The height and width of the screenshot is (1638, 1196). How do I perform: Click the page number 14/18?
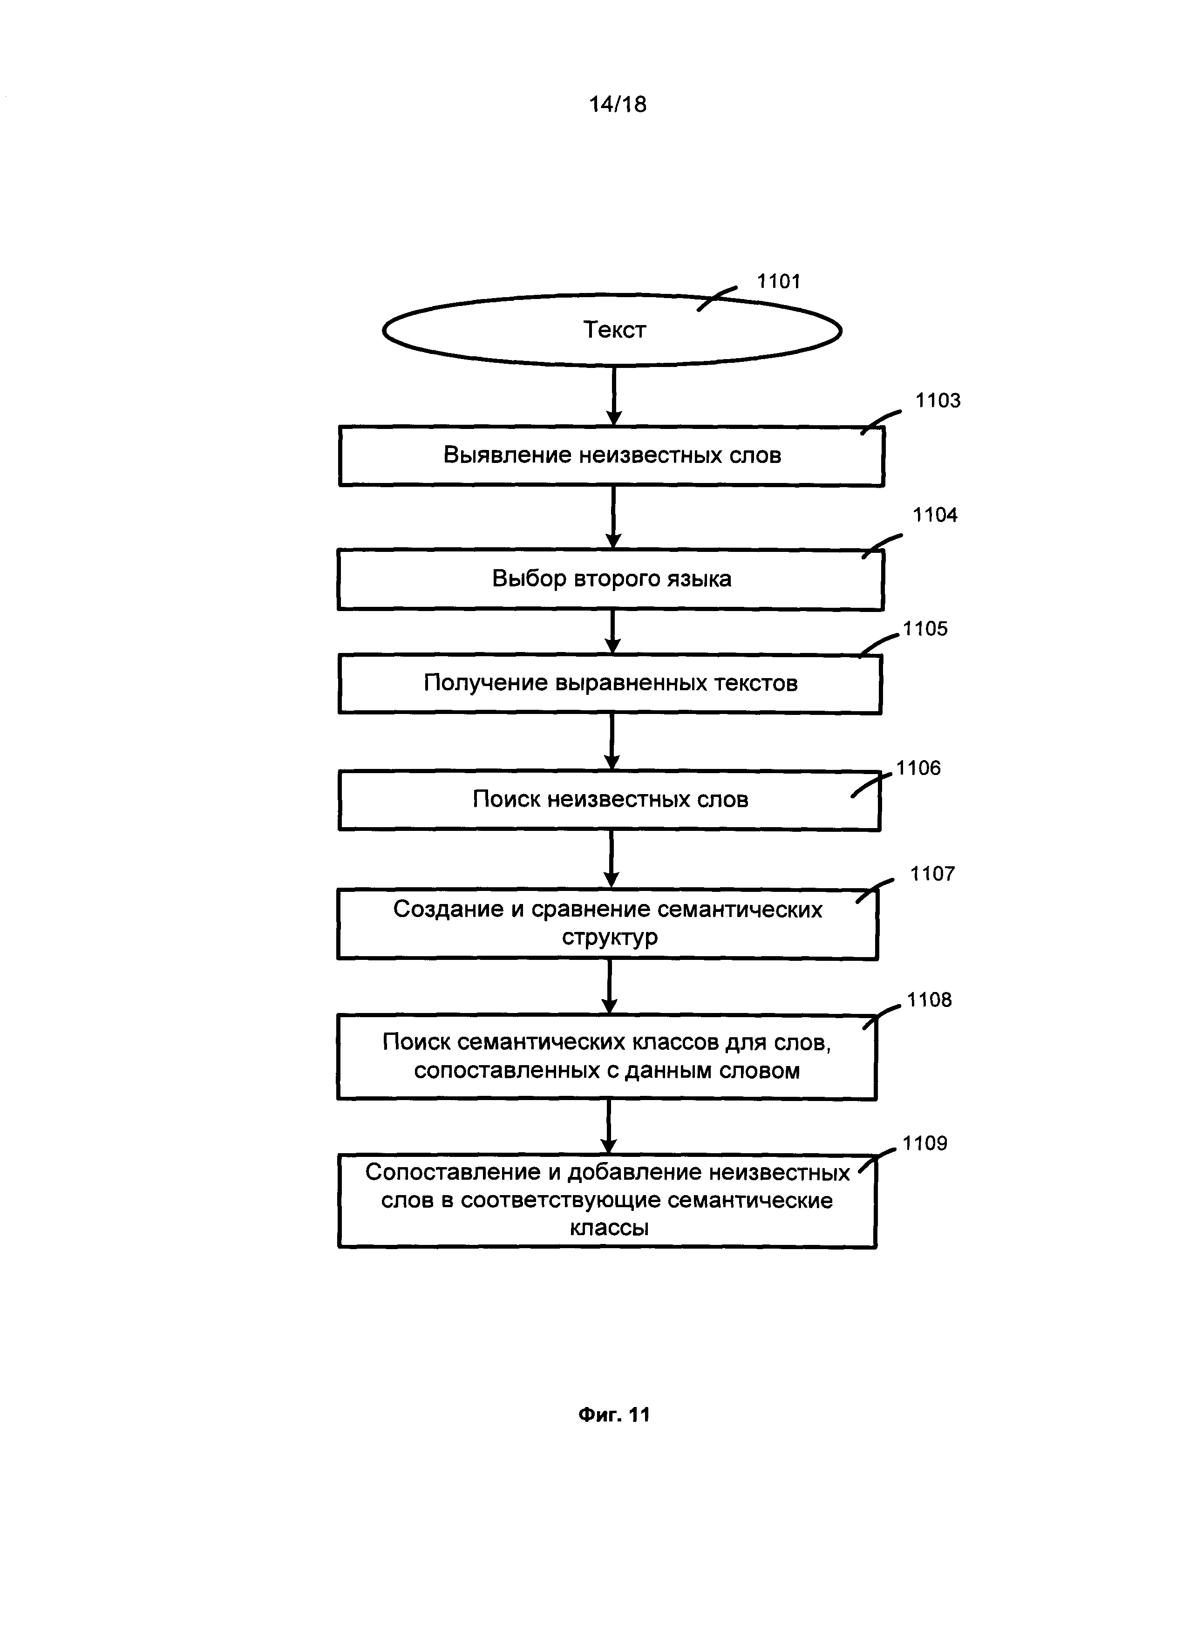(618, 105)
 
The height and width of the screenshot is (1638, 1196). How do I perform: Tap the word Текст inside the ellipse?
(615, 330)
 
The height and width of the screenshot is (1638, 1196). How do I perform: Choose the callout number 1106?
(919, 768)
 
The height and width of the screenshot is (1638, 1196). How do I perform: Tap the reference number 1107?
(932, 874)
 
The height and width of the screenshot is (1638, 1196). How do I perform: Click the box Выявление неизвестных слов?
(612, 456)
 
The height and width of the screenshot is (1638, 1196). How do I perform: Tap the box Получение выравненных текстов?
(610, 684)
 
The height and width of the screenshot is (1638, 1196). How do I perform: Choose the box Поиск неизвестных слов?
(610, 801)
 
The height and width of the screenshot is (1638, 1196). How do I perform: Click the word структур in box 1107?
(610, 938)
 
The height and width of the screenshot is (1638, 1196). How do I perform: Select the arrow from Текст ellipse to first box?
(614, 396)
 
